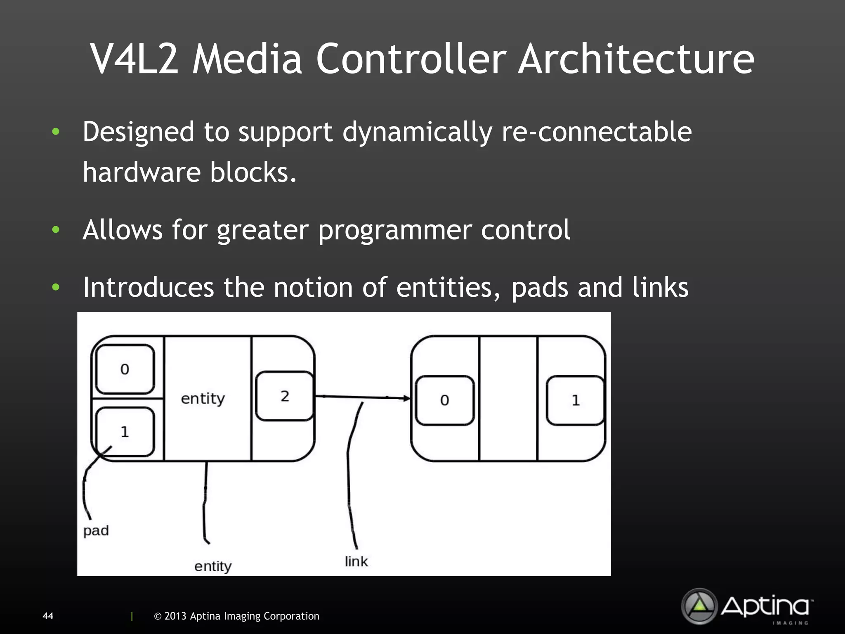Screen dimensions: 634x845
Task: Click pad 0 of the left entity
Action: [x=125, y=369]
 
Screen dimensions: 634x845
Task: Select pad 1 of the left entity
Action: [x=125, y=432]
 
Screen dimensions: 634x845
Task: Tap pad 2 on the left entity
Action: [x=284, y=396]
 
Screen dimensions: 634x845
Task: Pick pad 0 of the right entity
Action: [x=444, y=400]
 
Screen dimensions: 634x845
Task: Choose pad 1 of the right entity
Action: [x=576, y=400]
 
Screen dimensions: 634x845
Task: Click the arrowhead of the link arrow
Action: [x=407, y=398]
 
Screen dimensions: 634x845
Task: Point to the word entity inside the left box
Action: [x=203, y=399]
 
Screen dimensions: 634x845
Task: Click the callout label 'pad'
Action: [x=96, y=531]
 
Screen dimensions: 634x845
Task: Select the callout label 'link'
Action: [x=356, y=561]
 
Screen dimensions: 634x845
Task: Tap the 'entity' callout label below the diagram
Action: [x=213, y=566]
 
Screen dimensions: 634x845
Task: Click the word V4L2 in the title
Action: [x=135, y=59]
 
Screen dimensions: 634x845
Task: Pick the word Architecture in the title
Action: [x=636, y=59]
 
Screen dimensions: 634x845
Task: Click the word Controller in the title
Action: [x=411, y=59]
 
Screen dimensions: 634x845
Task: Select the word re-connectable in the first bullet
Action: [x=597, y=132]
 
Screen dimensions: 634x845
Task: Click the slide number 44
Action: [x=48, y=616]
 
